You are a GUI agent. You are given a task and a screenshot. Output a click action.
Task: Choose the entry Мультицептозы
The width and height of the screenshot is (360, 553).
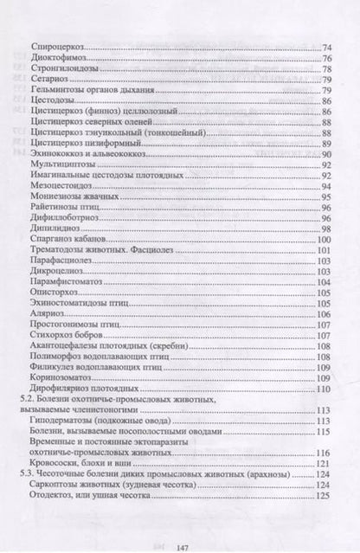57,166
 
